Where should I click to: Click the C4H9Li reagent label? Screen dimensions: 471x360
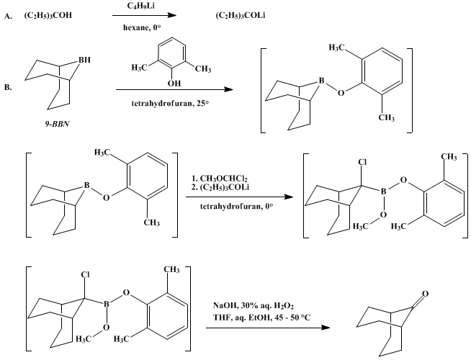[141, 6]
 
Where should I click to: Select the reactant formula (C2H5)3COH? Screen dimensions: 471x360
[48, 15]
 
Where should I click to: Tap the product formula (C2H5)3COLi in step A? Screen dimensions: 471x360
[241, 15]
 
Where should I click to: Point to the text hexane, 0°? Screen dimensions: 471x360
[142, 27]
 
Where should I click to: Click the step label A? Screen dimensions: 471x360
[8, 17]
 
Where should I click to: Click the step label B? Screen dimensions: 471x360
[8, 88]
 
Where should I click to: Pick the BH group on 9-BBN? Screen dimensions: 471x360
[84, 60]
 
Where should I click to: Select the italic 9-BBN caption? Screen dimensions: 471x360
[57, 124]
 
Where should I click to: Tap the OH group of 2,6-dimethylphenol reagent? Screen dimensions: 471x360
[174, 83]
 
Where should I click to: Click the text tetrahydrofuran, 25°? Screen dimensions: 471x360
[170, 104]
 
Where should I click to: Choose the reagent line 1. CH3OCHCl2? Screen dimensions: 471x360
[219, 179]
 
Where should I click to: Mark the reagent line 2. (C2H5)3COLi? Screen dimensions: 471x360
[220, 187]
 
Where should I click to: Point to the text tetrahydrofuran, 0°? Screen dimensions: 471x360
[237, 207]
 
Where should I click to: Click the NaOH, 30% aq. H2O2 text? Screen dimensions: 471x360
[254, 306]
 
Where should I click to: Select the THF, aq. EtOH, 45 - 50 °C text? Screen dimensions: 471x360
[262, 318]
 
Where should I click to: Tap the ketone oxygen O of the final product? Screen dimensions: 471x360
[425, 294]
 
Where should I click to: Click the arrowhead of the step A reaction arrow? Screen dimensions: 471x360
[171, 15]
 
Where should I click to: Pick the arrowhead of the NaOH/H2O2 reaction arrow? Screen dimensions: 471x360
[326, 328]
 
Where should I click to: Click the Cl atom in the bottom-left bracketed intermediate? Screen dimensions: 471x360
[85, 275]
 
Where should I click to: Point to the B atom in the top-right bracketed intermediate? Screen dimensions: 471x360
[322, 81]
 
